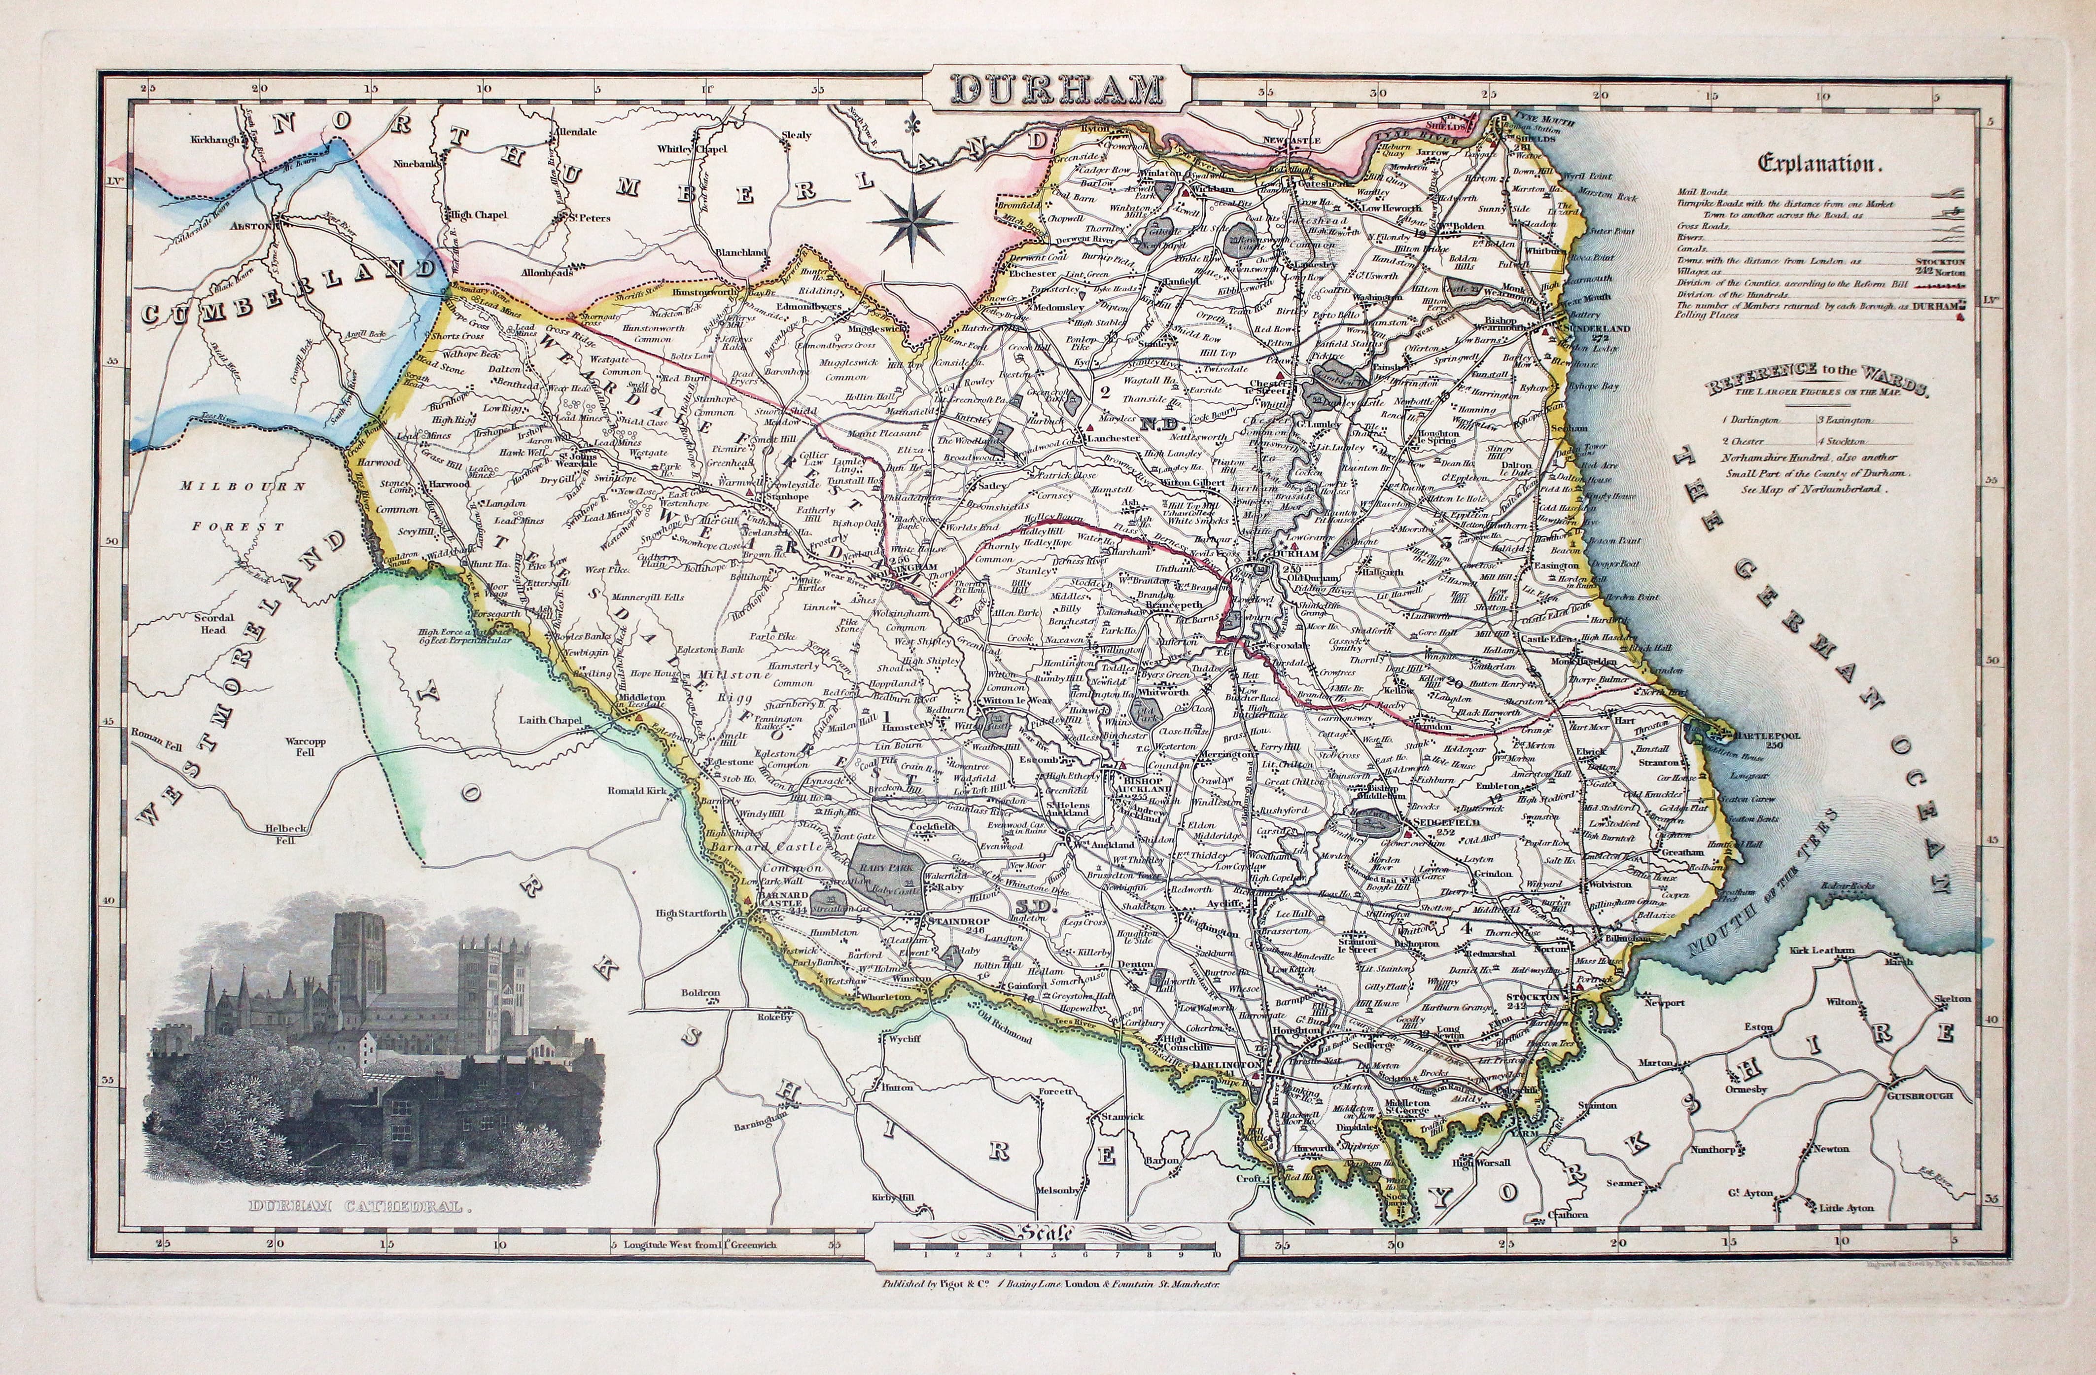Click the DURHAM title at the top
[x=1057, y=91]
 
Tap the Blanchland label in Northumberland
[x=740, y=252]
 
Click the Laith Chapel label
[x=551, y=720]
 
